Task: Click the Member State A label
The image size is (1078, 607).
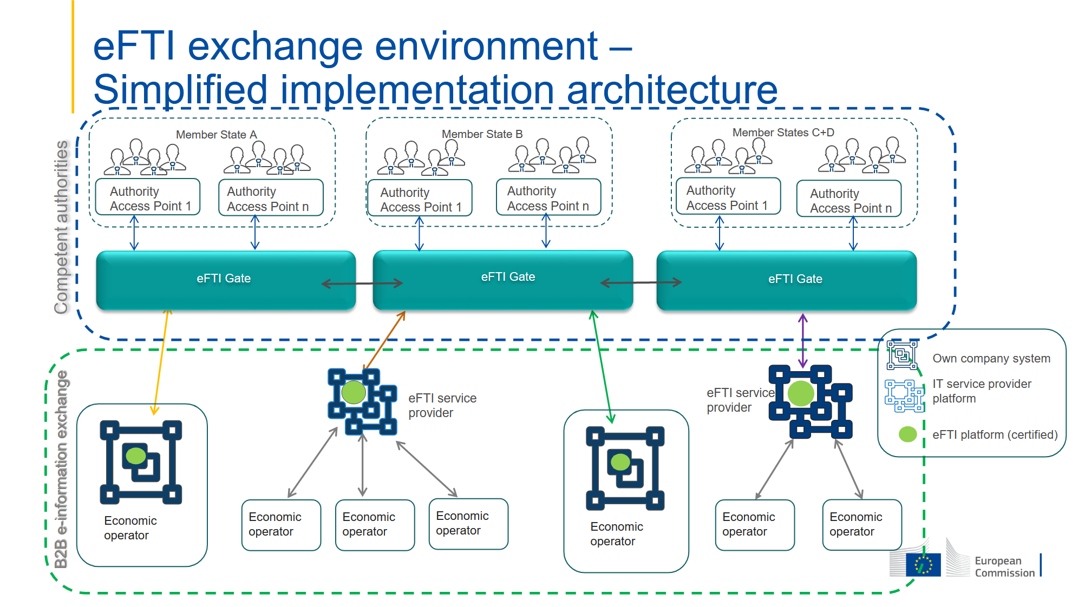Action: pos(216,135)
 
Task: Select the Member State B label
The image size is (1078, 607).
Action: pos(482,134)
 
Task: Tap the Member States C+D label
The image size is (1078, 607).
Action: pos(783,133)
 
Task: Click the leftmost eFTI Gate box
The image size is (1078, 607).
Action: pos(224,279)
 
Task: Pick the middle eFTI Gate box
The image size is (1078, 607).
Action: pos(507,278)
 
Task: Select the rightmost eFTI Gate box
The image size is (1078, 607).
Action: pos(794,279)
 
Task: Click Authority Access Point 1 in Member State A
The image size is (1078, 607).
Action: pos(148,199)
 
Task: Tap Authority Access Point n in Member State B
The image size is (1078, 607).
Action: pos(548,199)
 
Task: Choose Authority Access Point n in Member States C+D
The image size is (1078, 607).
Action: pos(849,201)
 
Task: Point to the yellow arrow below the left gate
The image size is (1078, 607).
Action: pos(161,362)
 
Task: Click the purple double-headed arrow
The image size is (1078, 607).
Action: pos(802,341)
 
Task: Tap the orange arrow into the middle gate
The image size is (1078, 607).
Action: pos(385,340)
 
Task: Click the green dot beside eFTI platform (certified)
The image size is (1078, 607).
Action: pos(907,434)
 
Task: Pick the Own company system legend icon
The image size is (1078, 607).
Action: pos(901,355)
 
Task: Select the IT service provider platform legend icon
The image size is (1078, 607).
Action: pos(904,395)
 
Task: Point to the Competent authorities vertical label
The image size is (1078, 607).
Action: pos(62,227)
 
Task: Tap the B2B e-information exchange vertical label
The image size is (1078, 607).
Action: pos(61,469)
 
